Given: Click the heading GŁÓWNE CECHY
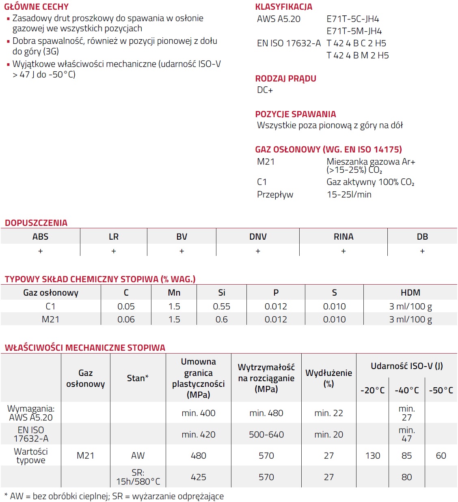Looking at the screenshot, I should tap(37, 7).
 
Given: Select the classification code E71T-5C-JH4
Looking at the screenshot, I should tap(352, 19).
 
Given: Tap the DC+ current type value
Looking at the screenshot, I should tap(265, 90).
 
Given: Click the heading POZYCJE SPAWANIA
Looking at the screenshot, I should tap(295, 114).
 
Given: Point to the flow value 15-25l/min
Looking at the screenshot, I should tap(349, 195).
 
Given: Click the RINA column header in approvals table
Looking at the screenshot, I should tap(343, 237).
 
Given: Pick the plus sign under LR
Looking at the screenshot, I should tap(114, 251).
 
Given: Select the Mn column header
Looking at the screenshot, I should tap(174, 293).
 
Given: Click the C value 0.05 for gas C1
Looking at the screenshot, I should tap(126, 307).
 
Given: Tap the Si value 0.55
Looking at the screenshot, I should tap(221, 307).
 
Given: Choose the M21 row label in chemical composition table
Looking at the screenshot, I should tap(50, 320).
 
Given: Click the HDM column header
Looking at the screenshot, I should tap(410, 293).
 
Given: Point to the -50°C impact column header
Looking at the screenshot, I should tap(441, 390).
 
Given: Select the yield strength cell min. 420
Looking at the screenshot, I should tap(198, 435).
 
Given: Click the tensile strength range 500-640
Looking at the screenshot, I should tap(266, 435).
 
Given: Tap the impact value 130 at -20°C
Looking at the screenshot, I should tap(373, 456).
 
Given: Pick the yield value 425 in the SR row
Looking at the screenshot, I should tap(198, 477).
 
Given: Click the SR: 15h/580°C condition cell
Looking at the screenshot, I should tap(138, 477).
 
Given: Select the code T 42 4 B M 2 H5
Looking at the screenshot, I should tap(357, 56).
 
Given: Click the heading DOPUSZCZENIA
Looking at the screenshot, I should tap(36, 223).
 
